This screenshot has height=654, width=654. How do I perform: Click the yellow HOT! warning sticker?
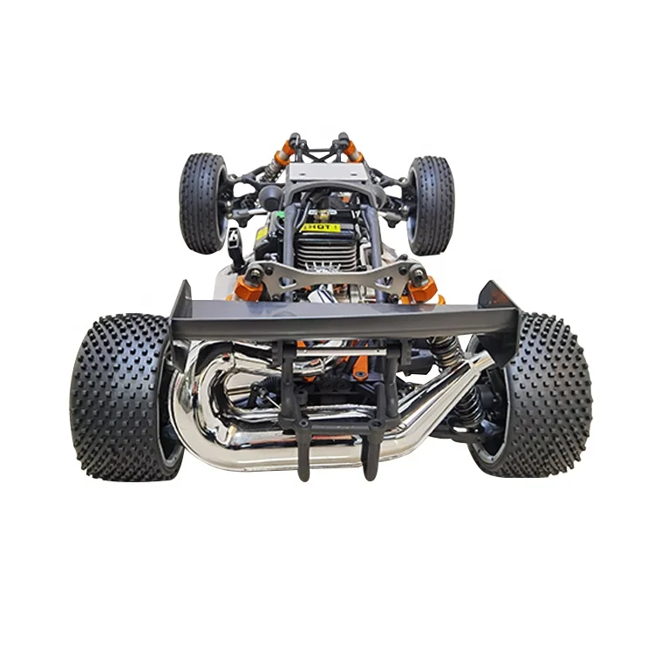tap(320, 227)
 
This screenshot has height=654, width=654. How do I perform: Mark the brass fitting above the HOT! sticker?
tap(320, 214)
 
